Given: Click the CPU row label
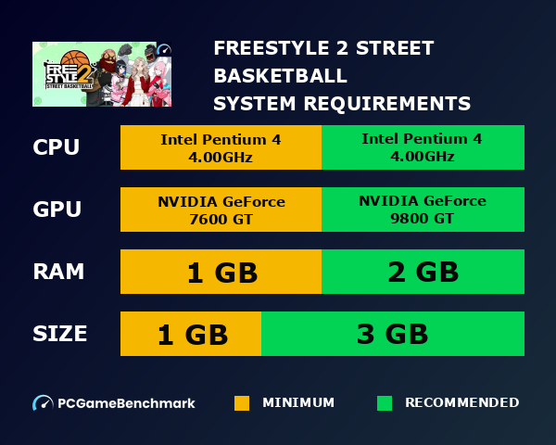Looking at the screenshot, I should pyautogui.click(x=57, y=147).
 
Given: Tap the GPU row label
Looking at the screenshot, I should pyautogui.click(x=57, y=210).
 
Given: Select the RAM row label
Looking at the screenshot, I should pyautogui.click(x=58, y=272).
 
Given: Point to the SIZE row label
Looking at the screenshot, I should pyautogui.click(x=60, y=334).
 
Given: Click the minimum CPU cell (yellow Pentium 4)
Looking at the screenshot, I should pyautogui.click(x=221, y=147).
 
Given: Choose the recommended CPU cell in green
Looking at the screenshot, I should pyautogui.click(x=423, y=147).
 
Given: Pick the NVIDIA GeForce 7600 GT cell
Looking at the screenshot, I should pyautogui.click(x=221, y=210).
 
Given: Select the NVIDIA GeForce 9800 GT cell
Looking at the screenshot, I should pyautogui.click(x=423, y=210).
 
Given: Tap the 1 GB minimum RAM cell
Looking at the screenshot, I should pyautogui.click(x=221, y=272).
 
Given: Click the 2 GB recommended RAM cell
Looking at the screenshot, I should pyautogui.click(x=423, y=272).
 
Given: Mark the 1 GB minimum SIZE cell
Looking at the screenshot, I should pyautogui.click(x=191, y=334).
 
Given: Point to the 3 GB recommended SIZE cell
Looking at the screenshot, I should pyautogui.click(x=393, y=334).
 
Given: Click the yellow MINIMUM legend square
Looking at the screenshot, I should pyautogui.click(x=242, y=403).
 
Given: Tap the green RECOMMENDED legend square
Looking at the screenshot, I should pyautogui.click(x=385, y=403).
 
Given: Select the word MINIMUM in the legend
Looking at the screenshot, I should pyautogui.click(x=298, y=403).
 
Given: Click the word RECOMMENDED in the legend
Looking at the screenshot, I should pyautogui.click(x=461, y=403).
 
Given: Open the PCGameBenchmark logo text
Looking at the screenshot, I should pyautogui.click(x=126, y=403).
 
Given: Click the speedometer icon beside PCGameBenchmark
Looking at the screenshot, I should pyautogui.click(x=43, y=403).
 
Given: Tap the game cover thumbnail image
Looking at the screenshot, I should pyautogui.click(x=102, y=74).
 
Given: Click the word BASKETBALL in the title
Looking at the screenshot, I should pyautogui.click(x=281, y=75).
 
